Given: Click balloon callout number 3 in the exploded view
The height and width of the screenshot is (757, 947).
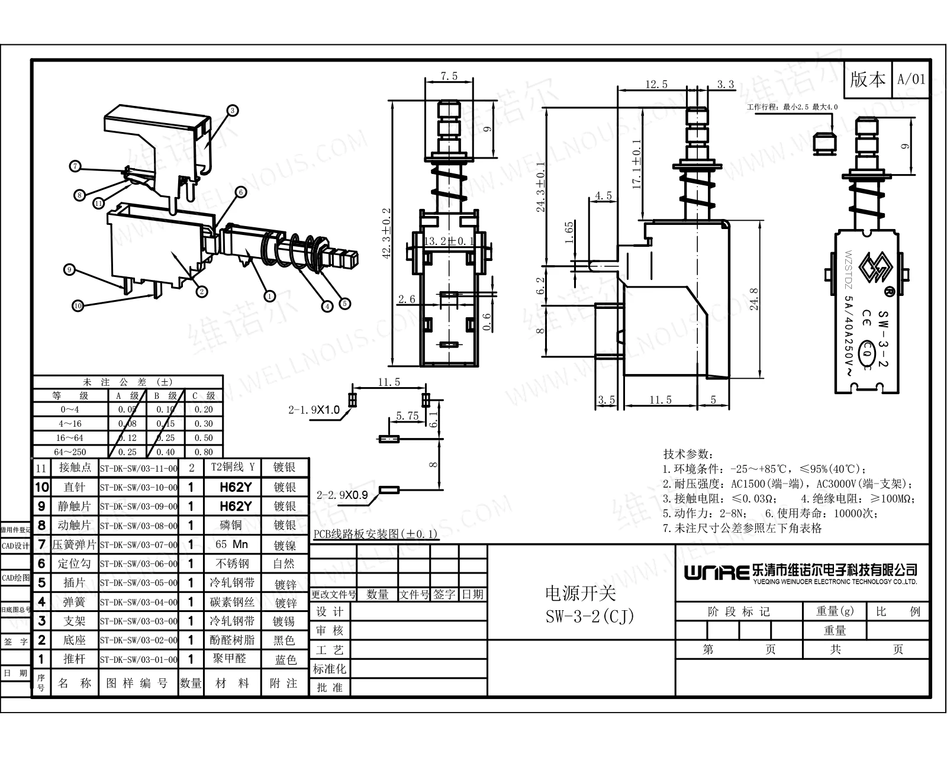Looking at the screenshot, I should tap(233, 110).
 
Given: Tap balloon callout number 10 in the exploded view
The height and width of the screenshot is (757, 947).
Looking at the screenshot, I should tap(78, 305).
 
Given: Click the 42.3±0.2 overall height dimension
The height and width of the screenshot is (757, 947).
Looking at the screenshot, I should tap(386, 233).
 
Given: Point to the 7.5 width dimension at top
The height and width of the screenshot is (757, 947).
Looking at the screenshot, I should tap(449, 76).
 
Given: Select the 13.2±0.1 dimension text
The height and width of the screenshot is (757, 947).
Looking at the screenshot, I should tap(450, 241).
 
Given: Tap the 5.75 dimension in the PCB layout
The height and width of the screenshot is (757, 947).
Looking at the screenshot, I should tap(407, 416).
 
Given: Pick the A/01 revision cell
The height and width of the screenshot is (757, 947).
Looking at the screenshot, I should tap(911, 79).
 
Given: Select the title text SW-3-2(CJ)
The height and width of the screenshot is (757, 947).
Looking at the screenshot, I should tap(590, 617).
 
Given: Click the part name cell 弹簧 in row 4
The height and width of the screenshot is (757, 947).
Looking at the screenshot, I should tap(75, 602).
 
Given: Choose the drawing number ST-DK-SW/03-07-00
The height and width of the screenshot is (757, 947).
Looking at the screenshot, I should tap(138, 545).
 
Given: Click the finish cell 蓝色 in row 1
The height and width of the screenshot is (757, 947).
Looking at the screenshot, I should tap(285, 659).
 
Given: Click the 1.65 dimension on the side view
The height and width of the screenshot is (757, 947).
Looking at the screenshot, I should tap(569, 233).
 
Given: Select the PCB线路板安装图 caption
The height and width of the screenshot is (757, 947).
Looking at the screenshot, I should tap(375, 534).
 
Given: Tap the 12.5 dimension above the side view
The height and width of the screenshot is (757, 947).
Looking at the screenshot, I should tap(656, 85).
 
